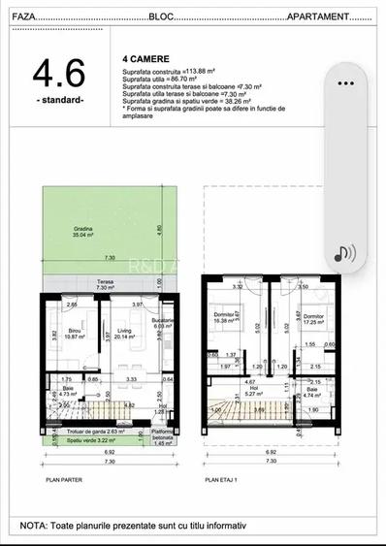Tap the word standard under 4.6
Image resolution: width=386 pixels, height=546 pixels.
pos(59,100)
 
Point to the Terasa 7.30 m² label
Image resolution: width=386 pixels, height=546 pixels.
pos(106,285)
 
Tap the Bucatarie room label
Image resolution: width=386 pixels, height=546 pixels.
pos(163,323)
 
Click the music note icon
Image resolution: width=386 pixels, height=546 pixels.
pos(345,254)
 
